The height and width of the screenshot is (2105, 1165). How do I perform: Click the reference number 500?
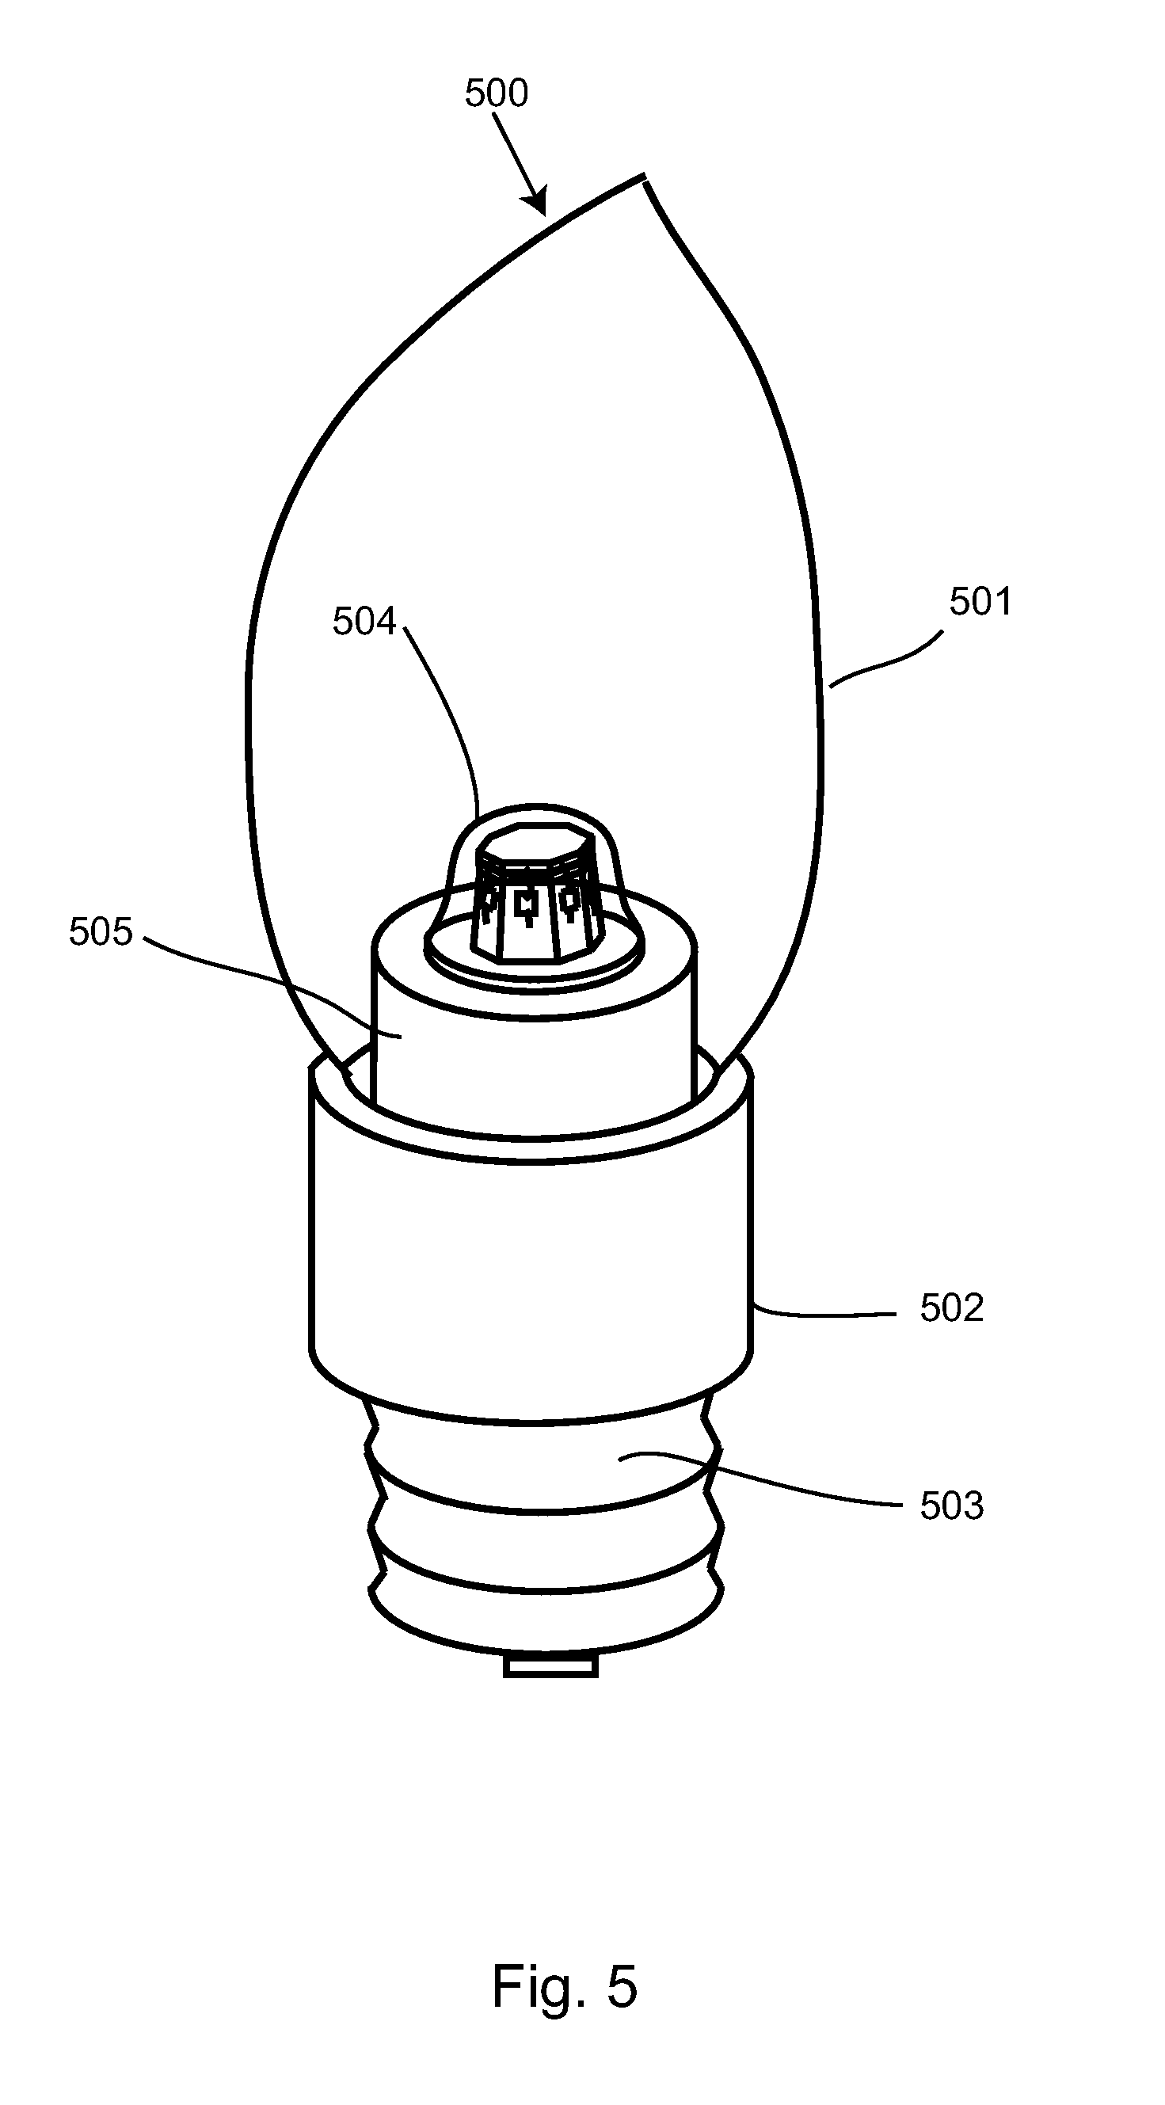[x=497, y=93]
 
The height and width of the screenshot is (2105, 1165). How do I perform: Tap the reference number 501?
[x=980, y=602]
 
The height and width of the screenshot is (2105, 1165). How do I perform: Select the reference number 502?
[x=951, y=1308]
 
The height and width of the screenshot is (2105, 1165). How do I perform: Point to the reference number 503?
[x=951, y=1505]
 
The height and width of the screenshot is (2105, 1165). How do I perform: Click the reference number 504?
[x=364, y=622]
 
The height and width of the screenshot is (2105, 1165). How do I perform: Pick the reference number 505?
[x=101, y=931]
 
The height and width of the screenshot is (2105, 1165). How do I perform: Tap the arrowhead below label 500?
[x=539, y=204]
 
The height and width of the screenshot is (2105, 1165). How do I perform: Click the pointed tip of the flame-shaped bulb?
[x=644, y=177]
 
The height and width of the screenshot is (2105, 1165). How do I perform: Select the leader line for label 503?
[x=776, y=1481]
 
